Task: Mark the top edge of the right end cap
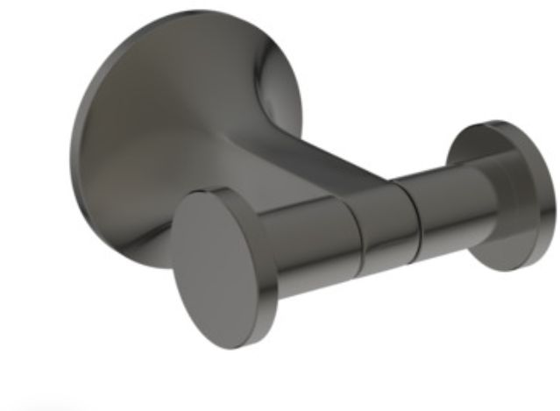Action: tap(500, 124)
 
